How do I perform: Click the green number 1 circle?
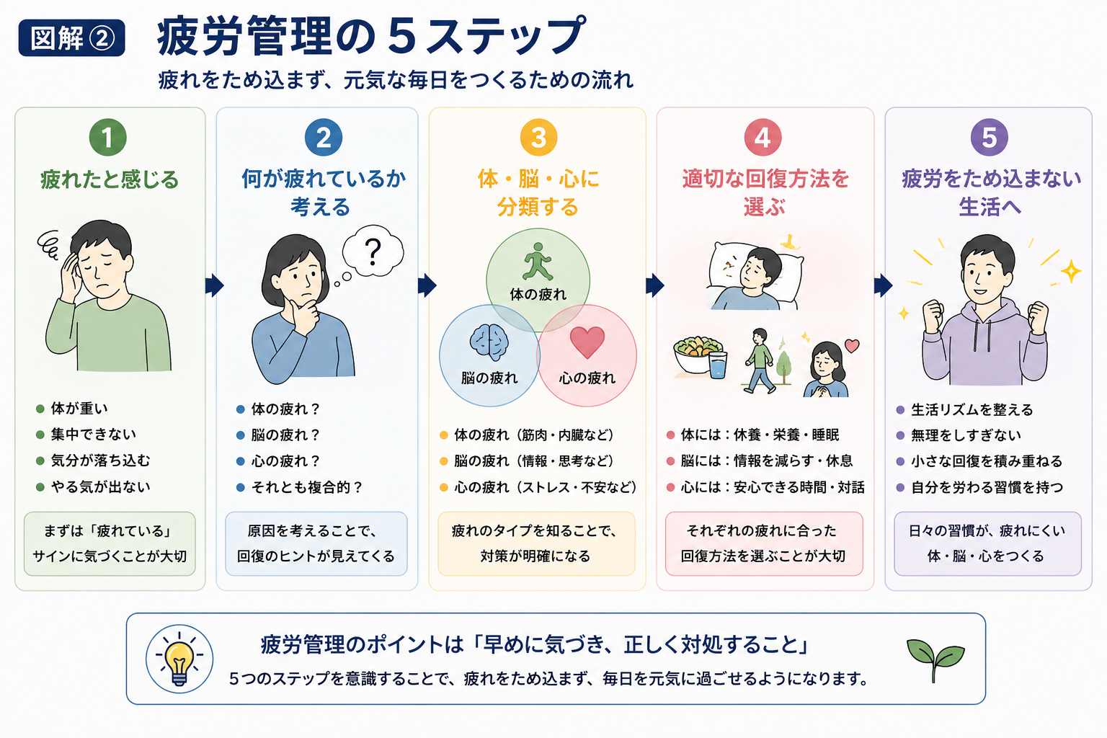(107, 138)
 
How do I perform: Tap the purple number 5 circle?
(989, 138)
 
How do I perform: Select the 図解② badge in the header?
(71, 37)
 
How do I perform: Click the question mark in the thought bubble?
(373, 252)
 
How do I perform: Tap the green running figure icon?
(537, 262)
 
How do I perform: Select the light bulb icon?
(179, 659)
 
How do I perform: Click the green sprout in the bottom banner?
(935, 660)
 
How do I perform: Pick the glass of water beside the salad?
(718, 364)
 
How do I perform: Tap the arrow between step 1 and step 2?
(215, 285)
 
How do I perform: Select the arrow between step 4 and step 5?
(883, 285)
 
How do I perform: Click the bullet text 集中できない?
(94, 435)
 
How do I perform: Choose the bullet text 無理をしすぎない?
(966, 435)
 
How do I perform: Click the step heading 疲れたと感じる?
(110, 179)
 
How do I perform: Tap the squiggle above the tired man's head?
(48, 245)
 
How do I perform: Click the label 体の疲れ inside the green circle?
(538, 295)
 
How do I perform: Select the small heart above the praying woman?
(851, 345)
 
